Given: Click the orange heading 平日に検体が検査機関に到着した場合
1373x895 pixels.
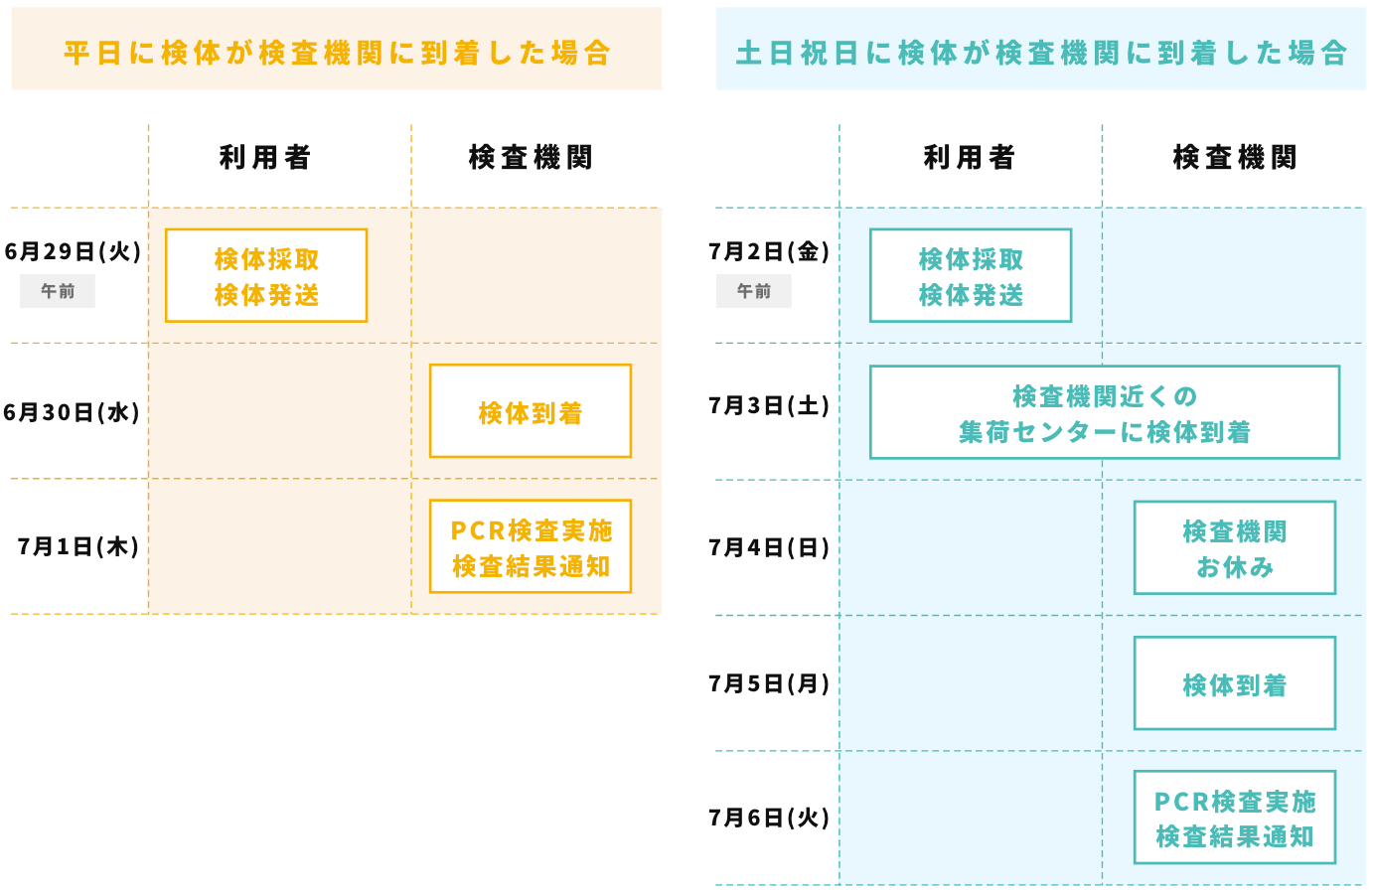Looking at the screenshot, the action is point(337,53).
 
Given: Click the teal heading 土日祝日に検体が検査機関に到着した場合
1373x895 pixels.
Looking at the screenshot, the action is point(1041,53).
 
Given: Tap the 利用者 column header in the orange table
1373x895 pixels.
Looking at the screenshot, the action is point(265,157).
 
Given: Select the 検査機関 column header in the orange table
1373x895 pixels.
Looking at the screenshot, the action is point(531,157).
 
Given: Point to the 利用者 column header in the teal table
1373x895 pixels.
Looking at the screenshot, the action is point(970,157).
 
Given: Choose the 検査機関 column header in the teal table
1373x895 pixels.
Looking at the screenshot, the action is point(1235,157).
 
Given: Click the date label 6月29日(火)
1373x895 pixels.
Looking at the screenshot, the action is point(73,251).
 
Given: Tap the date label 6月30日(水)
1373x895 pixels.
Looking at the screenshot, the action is point(72,412).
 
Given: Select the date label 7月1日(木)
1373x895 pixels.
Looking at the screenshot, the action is point(78,546).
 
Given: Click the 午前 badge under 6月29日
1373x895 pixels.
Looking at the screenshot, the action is point(58,291).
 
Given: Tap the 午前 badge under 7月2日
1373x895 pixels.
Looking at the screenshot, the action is point(754,291).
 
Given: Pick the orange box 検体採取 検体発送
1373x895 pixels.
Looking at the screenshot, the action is point(266,275).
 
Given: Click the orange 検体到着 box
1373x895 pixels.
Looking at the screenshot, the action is point(531,410).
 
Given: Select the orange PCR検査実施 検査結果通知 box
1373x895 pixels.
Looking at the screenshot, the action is point(531,546).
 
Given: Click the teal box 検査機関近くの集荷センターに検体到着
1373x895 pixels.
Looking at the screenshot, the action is point(1105,412).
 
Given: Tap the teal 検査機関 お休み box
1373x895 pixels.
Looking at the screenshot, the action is point(1235,547).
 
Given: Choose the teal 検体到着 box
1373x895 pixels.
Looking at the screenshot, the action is point(1235,682).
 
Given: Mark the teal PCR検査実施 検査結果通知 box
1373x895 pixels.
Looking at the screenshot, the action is point(1235,818).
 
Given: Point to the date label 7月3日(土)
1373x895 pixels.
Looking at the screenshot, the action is point(769,405).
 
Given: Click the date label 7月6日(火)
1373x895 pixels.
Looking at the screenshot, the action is point(769,818).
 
